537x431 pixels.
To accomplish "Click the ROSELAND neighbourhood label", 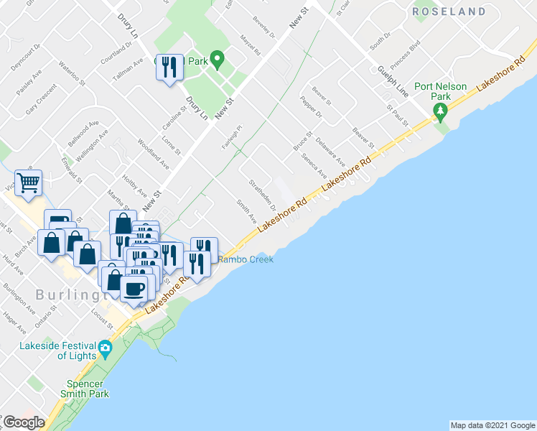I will pos(468,11).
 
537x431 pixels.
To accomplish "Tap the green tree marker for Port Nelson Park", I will pos(441,111).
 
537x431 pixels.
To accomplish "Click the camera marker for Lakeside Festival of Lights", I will pos(106,349).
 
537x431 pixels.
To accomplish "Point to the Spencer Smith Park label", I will pos(80,389).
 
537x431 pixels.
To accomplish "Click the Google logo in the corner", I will pos(23,422).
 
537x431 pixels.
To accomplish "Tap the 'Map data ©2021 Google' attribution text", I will pos(492,425).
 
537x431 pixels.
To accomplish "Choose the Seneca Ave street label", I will pos(314,166).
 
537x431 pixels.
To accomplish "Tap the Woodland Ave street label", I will pos(153,154).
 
